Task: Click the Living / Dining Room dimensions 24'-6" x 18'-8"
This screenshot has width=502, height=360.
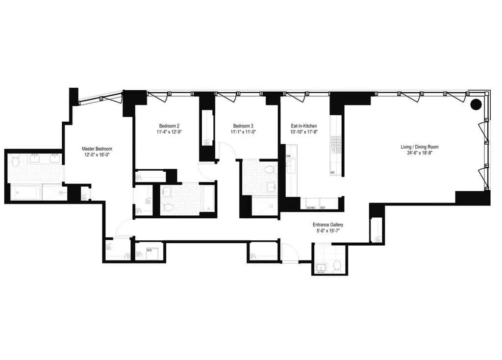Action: [x=419, y=153]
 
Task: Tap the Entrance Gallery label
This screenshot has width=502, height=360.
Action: [x=329, y=225]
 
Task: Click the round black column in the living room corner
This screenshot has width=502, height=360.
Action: [x=476, y=104]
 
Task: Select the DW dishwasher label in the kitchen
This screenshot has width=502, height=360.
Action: [x=288, y=156]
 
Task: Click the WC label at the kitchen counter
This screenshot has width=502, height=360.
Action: [x=332, y=173]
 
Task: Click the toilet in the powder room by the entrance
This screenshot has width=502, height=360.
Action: [x=337, y=266]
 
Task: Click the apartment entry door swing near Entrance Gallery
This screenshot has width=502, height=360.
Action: [x=289, y=253]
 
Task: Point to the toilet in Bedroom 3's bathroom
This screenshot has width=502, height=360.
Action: [x=269, y=170]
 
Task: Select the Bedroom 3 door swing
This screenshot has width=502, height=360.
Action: [x=223, y=150]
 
